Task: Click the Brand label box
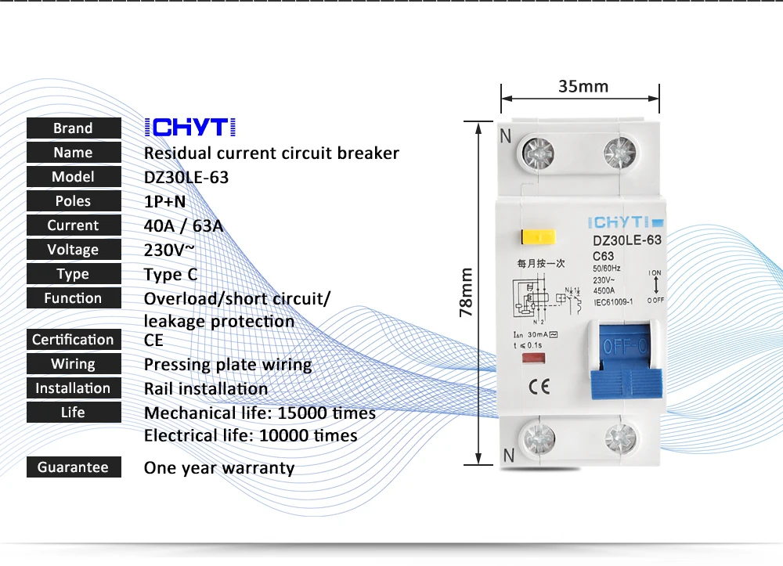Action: (74, 128)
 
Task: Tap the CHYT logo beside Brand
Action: (190, 128)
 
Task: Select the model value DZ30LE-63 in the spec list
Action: (186, 177)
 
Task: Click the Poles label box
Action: (74, 201)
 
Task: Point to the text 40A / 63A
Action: (184, 225)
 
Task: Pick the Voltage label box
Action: (74, 250)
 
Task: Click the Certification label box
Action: (74, 340)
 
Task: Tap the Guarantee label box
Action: (74, 467)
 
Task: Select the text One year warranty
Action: (219, 468)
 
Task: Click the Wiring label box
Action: (74, 364)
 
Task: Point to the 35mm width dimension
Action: (583, 86)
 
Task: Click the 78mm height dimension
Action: (467, 293)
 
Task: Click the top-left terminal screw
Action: (538, 150)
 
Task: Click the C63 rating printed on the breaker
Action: (603, 256)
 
